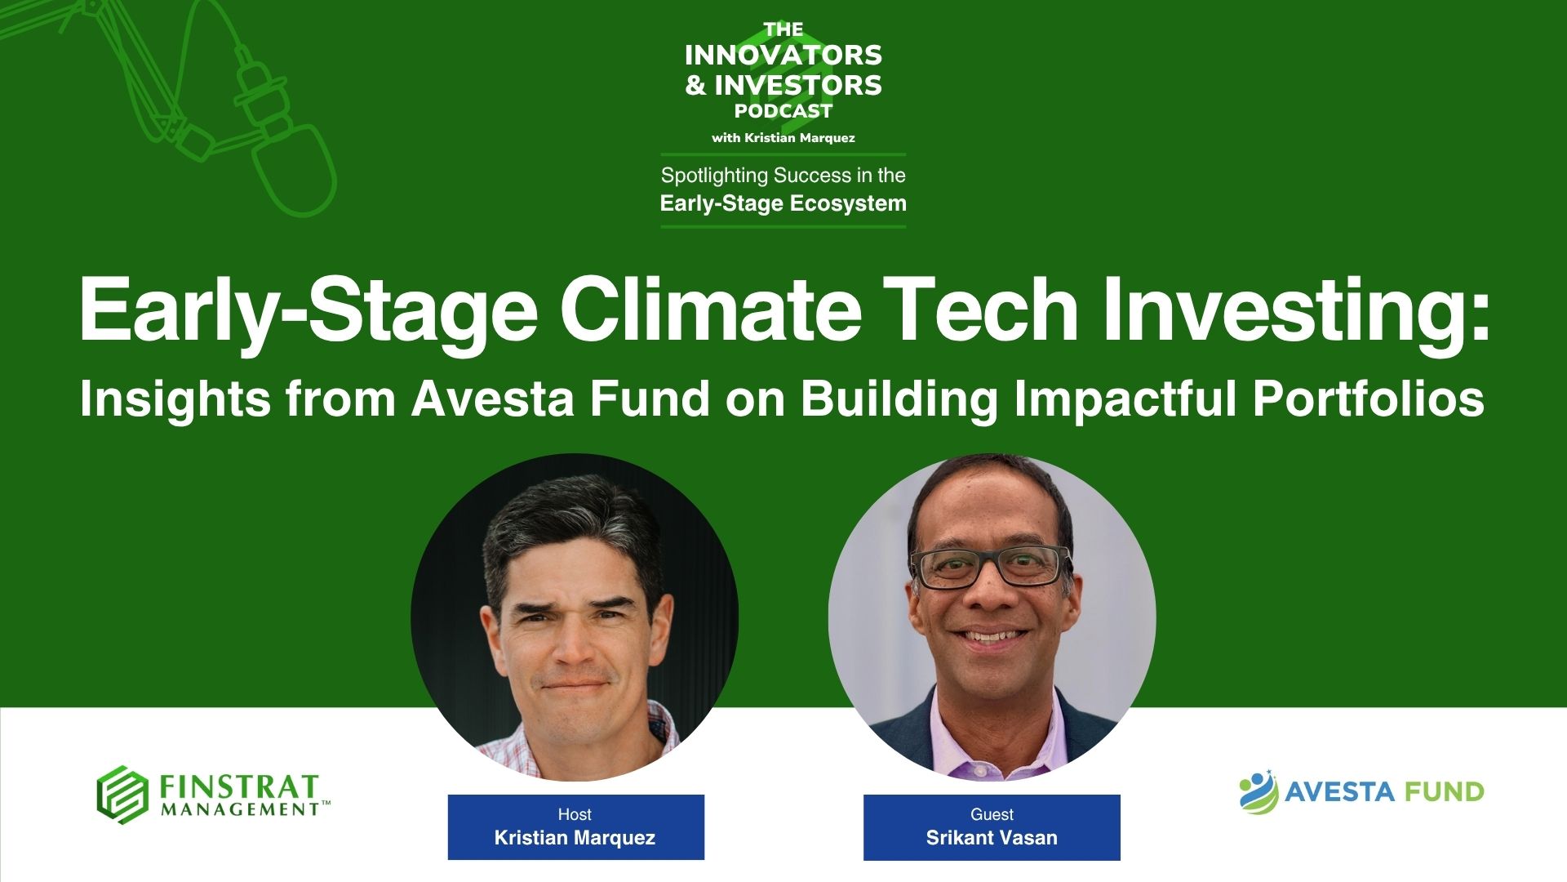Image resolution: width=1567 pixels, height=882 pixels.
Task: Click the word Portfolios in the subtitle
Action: click(1369, 399)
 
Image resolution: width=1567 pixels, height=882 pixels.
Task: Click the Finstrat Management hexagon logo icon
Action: click(122, 795)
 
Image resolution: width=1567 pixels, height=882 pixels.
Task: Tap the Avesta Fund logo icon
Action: click(1258, 791)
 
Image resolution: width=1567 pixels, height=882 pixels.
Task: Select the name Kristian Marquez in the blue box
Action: click(575, 838)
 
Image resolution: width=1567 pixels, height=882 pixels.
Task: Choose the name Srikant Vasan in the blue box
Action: click(992, 838)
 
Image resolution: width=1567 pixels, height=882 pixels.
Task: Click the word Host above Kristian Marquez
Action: click(575, 814)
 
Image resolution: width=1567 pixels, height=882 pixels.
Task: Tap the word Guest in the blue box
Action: click(992, 814)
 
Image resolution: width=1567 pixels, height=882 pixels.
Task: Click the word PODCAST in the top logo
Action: click(783, 111)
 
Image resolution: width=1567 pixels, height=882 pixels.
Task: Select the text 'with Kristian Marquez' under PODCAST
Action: click(783, 138)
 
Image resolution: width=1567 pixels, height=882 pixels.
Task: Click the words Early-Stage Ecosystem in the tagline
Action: click(783, 203)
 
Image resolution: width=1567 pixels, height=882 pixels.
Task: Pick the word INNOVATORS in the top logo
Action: click(783, 56)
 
